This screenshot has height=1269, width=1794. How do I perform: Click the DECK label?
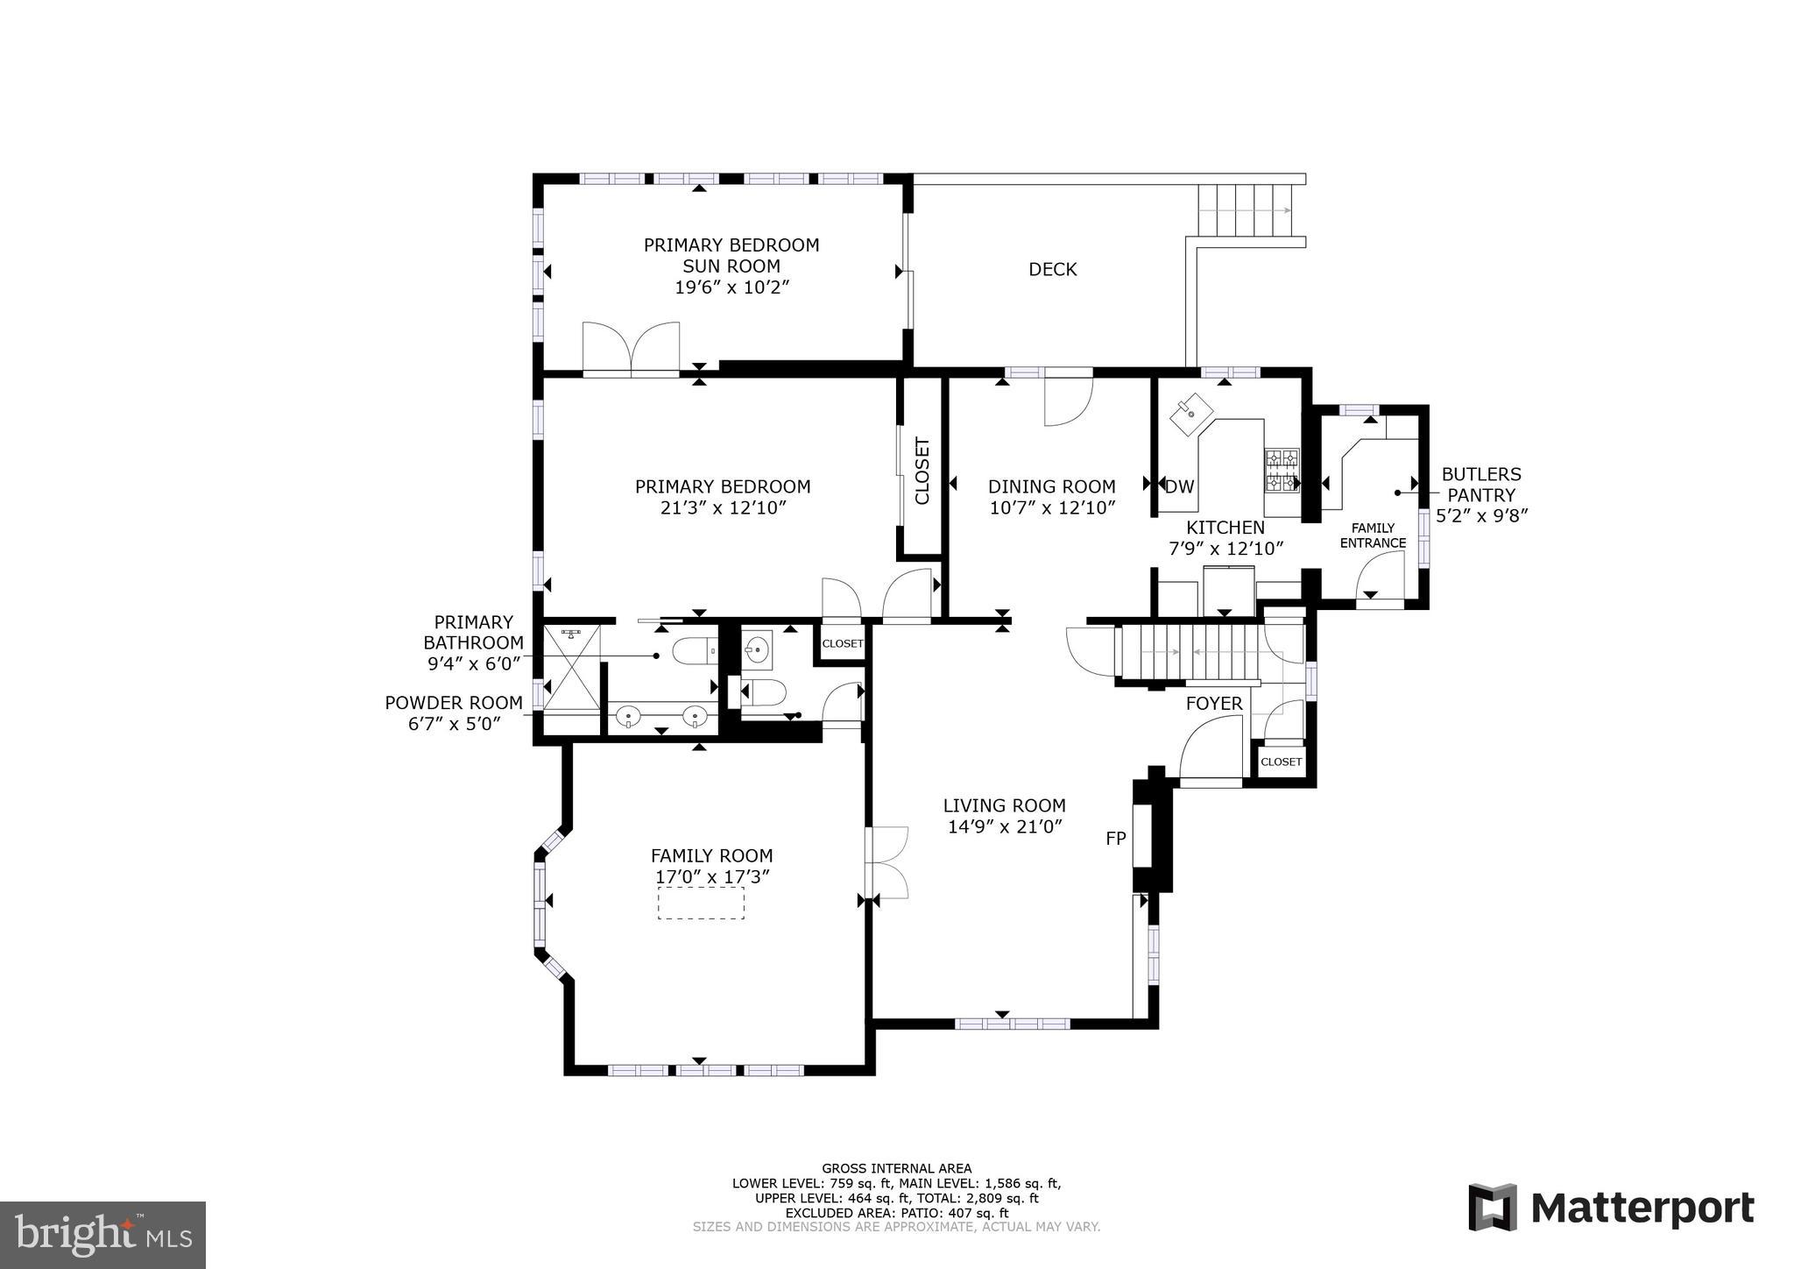1052,270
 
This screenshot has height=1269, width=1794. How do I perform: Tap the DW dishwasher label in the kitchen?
1180,487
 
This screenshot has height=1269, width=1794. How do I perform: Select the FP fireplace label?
1115,839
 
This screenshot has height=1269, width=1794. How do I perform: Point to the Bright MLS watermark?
102,1235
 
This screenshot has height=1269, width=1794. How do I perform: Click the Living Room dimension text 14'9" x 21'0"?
1005,826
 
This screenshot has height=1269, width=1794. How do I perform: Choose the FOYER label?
1214,704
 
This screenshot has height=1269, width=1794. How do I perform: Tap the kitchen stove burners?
1282,470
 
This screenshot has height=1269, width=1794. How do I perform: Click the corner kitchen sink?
1192,414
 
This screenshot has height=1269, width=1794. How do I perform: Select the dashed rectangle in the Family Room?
701,903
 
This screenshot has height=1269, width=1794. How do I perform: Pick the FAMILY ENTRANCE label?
1373,535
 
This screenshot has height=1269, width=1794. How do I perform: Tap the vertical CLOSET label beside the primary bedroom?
922,471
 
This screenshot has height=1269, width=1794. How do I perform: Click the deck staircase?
1245,210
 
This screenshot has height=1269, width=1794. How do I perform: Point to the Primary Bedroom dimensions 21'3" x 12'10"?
723,508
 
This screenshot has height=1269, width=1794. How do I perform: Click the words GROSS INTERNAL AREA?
896,1168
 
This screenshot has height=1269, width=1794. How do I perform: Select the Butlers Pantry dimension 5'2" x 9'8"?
1481,516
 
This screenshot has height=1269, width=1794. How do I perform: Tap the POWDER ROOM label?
454,703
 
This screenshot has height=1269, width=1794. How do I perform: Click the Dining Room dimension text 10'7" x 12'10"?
1052,508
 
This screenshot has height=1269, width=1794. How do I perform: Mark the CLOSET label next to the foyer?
1281,762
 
